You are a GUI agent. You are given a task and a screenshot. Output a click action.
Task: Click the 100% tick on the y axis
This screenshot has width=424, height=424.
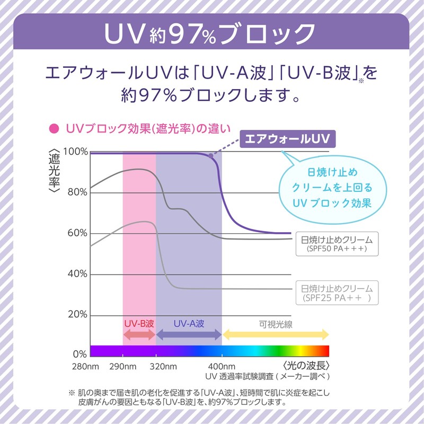click(76, 152)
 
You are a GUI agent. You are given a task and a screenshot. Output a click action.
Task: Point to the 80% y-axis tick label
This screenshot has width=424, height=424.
click(77, 192)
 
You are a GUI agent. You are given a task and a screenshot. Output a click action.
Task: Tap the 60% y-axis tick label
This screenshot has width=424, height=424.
click(77, 233)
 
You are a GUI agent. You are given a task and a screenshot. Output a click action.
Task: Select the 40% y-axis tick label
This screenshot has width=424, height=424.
click(77, 274)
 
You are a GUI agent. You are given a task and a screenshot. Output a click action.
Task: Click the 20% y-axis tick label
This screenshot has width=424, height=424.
click(77, 315)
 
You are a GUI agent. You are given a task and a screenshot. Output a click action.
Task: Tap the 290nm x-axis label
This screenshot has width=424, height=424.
click(122, 367)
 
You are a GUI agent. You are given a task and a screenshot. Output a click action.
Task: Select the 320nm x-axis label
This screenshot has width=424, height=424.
click(160, 367)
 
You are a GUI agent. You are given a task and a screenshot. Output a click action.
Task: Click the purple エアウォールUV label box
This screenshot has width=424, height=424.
click(287, 139)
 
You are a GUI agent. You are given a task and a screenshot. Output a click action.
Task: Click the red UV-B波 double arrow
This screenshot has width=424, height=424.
click(139, 334)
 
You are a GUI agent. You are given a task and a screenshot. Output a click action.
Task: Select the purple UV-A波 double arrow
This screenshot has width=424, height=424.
click(189, 334)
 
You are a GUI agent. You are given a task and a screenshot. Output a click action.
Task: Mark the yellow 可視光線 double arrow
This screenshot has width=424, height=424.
click(276, 334)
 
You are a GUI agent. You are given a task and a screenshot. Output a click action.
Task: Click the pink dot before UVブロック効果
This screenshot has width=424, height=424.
click(52, 128)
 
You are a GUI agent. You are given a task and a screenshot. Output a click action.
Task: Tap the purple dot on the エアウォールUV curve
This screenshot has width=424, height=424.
click(211, 156)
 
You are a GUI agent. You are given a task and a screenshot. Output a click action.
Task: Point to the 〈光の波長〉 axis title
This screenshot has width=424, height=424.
click(306, 366)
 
